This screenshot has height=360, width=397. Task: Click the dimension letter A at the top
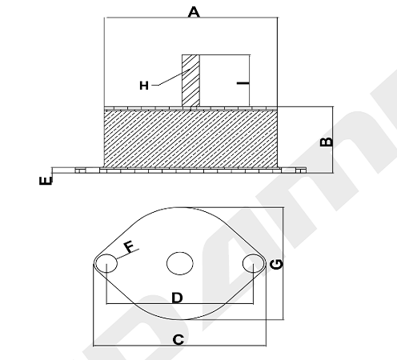(x=194, y=12)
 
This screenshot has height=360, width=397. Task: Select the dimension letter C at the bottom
(x=178, y=340)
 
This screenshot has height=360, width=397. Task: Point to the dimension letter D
(x=177, y=298)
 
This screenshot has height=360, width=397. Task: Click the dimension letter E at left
(x=46, y=181)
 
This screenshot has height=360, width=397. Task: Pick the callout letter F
(x=129, y=246)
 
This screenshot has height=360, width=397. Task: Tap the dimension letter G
(x=276, y=264)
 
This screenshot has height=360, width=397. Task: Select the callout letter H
(x=144, y=86)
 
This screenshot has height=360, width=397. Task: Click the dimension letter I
(x=243, y=83)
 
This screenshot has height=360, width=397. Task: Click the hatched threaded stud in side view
(x=190, y=81)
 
